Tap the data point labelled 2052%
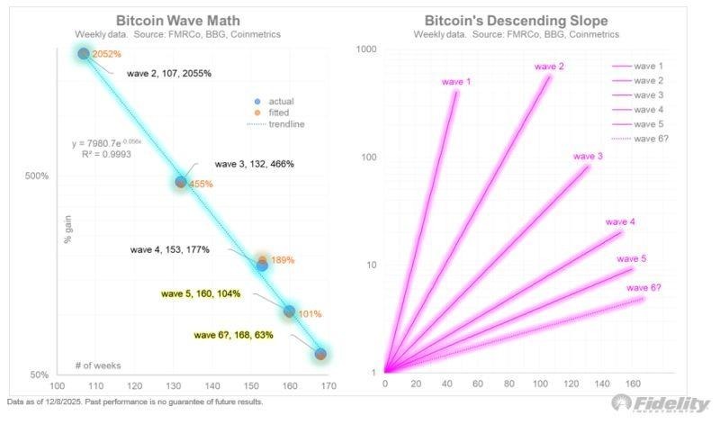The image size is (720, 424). click(x=84, y=54)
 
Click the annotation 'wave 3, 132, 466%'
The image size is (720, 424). click(x=254, y=164)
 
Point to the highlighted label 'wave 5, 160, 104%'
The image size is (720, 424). click(x=202, y=293)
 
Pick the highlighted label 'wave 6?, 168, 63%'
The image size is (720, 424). click(x=234, y=335)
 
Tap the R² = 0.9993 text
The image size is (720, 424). click(x=94, y=155)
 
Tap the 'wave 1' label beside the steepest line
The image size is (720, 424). click(x=456, y=83)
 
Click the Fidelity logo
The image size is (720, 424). click(x=660, y=403)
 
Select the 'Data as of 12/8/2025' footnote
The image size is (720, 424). click(x=135, y=401)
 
